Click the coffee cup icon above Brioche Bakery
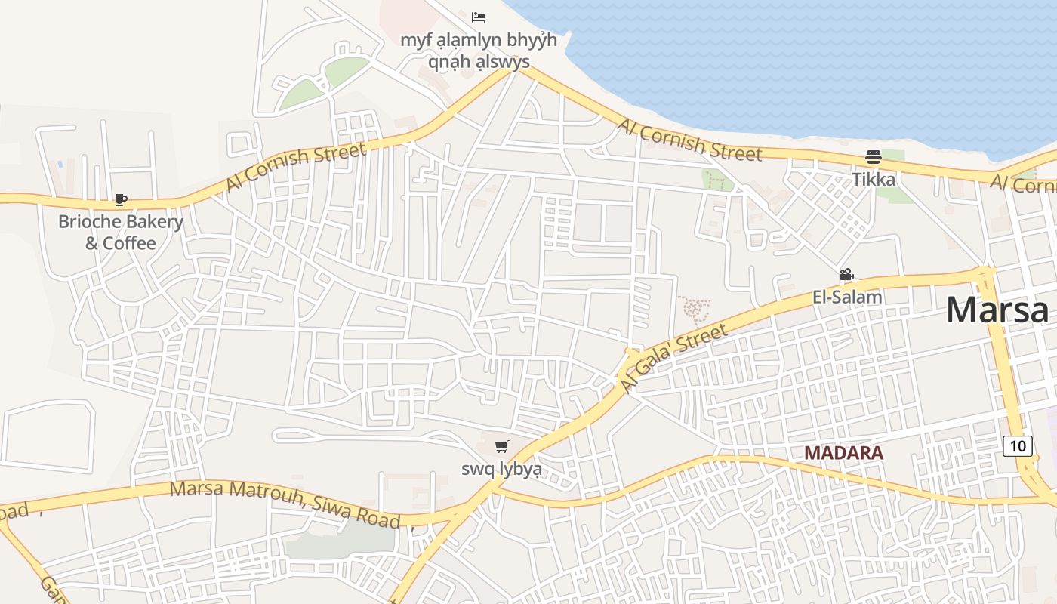[121, 199]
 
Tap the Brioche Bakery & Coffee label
[121, 232]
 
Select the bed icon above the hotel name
[478, 17]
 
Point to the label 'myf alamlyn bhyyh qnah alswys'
[479, 51]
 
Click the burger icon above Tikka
[874, 157]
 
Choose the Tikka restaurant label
[874, 179]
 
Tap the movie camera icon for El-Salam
[846, 275]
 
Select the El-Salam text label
[847, 297]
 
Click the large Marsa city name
[997, 310]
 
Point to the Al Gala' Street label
[675, 358]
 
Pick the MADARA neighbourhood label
[843, 453]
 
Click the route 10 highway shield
[1018, 445]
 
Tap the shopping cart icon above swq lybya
[501, 447]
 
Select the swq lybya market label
[501, 469]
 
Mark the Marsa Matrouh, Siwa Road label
[285, 503]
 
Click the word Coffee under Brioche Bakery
[130, 243]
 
